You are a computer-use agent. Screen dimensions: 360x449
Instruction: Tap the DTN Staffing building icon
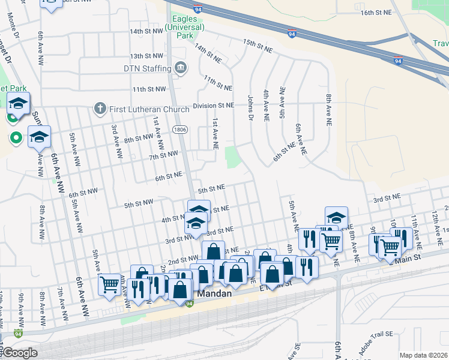180,68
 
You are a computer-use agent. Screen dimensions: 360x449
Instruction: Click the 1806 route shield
178,129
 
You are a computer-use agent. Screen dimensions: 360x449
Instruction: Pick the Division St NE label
213,106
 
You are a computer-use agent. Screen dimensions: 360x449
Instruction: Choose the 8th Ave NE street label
328,109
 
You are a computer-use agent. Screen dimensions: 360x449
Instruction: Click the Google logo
20,353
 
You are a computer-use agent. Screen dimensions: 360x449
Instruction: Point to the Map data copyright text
423,355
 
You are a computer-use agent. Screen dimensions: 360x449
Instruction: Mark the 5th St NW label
139,205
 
